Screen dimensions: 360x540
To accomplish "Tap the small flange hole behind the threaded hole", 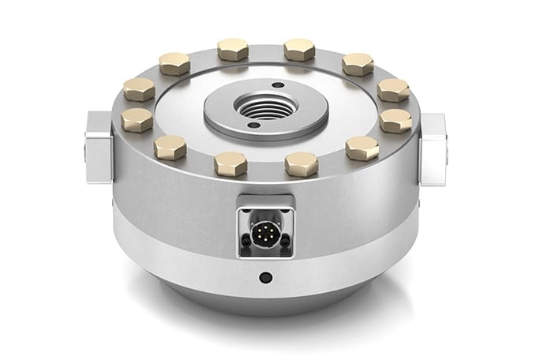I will tap(277, 85).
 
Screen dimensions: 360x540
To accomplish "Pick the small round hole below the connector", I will tap(266, 277).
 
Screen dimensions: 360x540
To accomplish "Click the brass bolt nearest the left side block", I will tap(137, 119).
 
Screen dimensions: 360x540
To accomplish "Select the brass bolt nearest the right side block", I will tap(395, 120).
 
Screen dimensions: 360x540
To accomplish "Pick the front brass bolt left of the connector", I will tap(231, 163).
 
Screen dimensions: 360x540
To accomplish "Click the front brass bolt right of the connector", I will tap(301, 164).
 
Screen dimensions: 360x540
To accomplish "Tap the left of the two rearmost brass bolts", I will tap(232, 50).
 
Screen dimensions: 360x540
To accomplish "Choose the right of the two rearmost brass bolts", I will tap(298, 50).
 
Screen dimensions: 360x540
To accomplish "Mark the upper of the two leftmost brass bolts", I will tap(139, 88).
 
